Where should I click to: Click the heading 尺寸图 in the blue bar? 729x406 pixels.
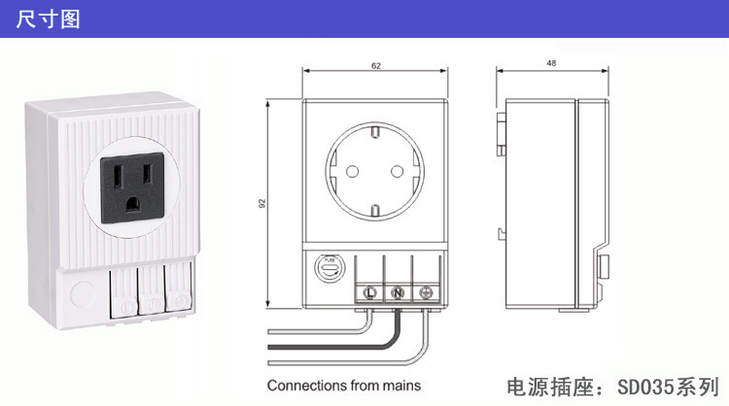48,18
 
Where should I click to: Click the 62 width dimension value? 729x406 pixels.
375,64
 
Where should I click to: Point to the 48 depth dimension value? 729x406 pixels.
552,64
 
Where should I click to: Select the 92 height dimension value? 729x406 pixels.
263,205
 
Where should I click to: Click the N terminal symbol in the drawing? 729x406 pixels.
398,291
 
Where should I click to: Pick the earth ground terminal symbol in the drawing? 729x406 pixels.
425,291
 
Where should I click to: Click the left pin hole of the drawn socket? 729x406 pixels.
349,171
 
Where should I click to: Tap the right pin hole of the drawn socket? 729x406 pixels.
397,171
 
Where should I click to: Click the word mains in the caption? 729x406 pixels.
403,386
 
